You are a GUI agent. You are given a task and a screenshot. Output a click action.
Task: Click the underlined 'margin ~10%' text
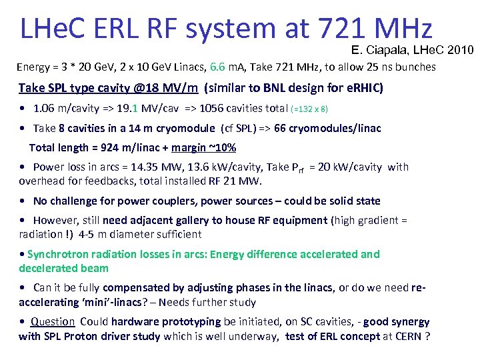(x=203, y=147)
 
